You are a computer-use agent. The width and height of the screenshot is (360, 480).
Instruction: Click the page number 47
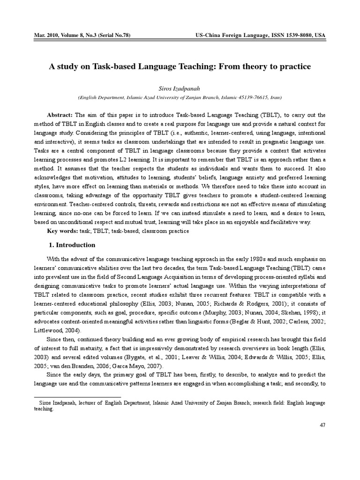click(x=322, y=425)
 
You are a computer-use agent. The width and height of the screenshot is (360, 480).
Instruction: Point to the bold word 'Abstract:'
click(x=60, y=115)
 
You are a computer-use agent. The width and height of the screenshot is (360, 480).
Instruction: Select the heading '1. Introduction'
click(x=72, y=245)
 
